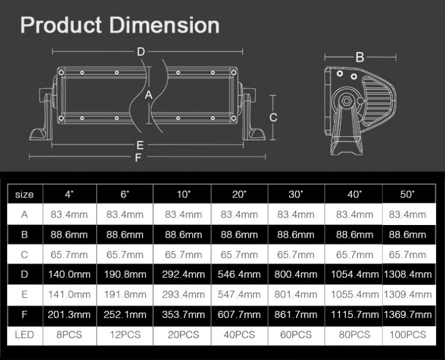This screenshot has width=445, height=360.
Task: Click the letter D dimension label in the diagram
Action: (141, 52)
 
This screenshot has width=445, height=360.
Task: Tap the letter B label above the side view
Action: (360, 58)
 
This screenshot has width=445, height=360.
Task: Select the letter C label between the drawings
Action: (273, 117)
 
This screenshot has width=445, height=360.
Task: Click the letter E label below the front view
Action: (139, 145)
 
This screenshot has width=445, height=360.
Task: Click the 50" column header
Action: (408, 194)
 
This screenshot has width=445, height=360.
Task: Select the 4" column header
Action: (69, 194)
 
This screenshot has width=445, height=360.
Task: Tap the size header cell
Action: (25, 194)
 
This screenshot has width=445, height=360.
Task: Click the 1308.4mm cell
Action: (408, 275)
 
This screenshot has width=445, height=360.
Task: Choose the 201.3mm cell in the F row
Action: (69, 315)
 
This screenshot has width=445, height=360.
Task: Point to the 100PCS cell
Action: (408, 335)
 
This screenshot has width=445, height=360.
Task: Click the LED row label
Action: (25, 335)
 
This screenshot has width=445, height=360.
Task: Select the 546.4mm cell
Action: (240, 275)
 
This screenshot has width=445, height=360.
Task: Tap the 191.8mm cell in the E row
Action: (126, 295)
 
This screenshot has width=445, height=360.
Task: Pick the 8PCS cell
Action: (69, 335)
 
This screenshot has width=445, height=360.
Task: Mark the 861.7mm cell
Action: (296, 315)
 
